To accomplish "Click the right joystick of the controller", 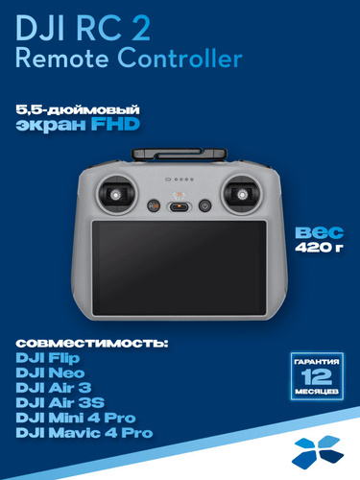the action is [242, 194].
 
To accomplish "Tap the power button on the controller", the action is [204, 205].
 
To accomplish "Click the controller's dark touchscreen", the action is [180, 268].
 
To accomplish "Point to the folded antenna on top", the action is [180, 154].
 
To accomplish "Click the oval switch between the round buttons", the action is [180, 207].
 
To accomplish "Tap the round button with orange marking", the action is [154, 205].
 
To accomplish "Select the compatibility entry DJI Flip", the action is [48, 358].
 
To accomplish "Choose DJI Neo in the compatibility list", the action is [50, 372].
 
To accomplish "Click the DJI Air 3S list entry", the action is [60, 402].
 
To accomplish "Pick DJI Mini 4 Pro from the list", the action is [76, 418].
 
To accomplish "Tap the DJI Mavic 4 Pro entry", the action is [84, 433].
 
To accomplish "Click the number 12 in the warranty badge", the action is [317, 377].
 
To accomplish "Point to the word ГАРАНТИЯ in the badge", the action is [317, 362].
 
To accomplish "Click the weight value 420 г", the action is [319, 247].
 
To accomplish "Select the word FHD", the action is [115, 124].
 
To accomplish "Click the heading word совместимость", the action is [92, 344].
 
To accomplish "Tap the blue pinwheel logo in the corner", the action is [318, 452].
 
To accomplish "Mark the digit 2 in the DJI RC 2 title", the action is [139, 29].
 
